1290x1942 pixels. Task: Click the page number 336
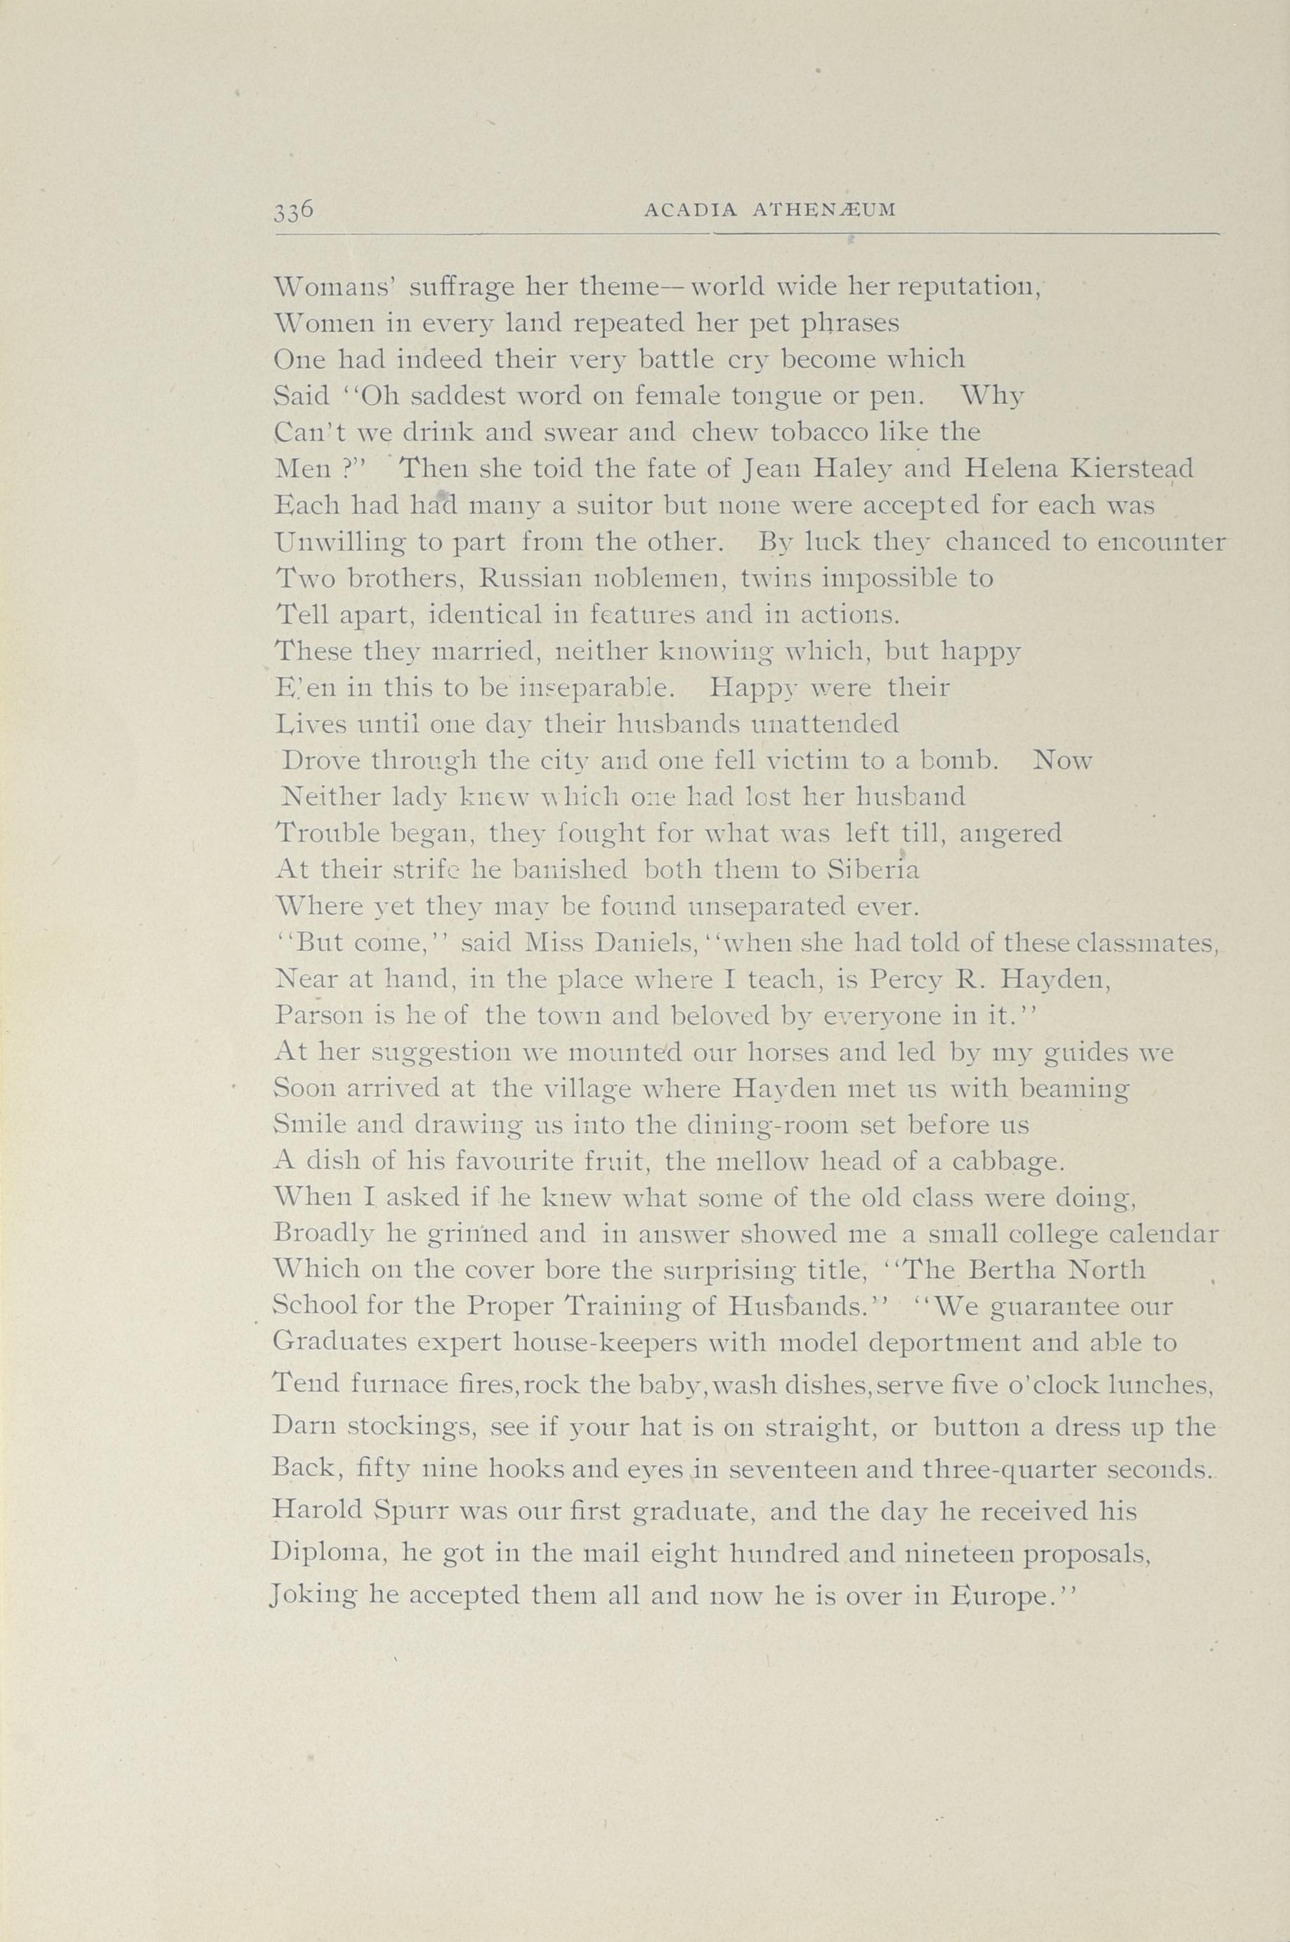click(x=294, y=210)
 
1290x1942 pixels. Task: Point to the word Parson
click(x=315, y=1016)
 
